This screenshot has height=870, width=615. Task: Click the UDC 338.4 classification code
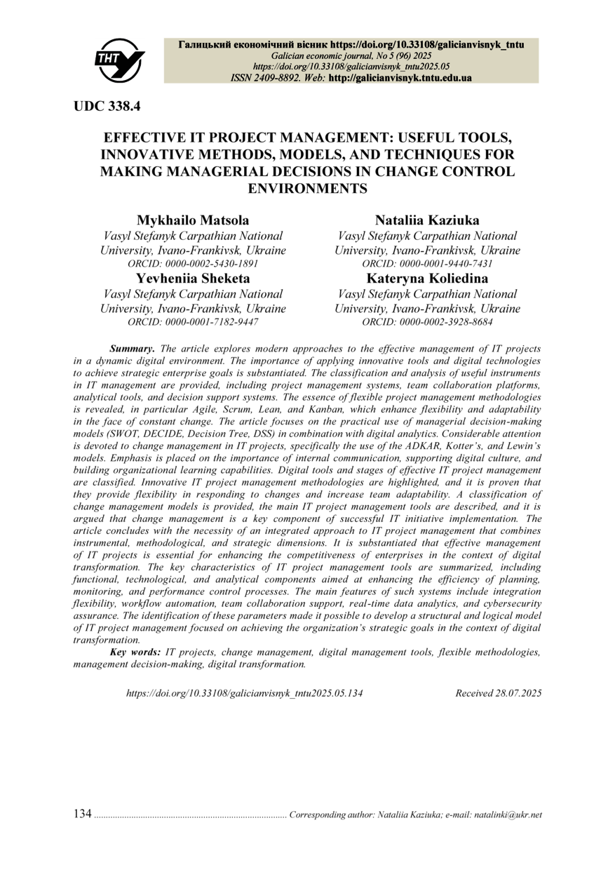[x=107, y=106]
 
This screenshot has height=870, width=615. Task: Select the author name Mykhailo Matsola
[x=193, y=220]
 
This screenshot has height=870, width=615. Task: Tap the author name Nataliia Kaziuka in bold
[x=427, y=220]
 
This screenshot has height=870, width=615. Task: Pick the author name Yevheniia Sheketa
[x=193, y=279]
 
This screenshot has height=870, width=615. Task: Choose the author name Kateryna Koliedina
[x=427, y=279]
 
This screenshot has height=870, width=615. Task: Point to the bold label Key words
[x=135, y=652]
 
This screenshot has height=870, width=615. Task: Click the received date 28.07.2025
[x=517, y=693]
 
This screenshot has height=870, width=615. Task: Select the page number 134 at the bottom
[x=82, y=814]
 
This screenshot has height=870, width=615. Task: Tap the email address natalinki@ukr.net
[x=508, y=815]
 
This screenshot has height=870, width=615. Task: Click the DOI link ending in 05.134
[x=245, y=693]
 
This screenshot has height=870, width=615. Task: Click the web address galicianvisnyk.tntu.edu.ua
[x=400, y=78]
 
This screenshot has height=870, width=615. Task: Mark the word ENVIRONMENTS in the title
[x=308, y=188]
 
